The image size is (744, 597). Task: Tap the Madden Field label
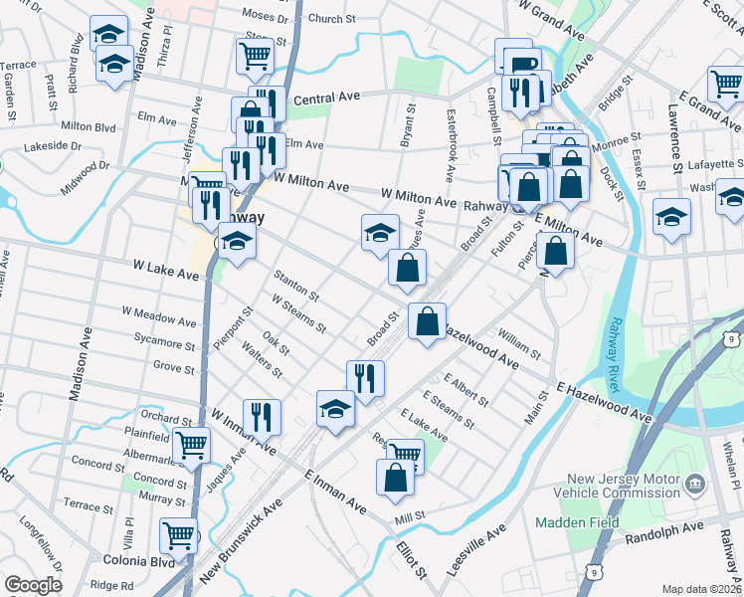coord(577,522)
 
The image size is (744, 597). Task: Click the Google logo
coord(33,585)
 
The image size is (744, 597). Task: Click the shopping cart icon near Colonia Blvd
coord(180,535)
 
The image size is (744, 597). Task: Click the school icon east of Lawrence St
coord(672,215)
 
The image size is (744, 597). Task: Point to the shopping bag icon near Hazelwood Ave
coord(427,321)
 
